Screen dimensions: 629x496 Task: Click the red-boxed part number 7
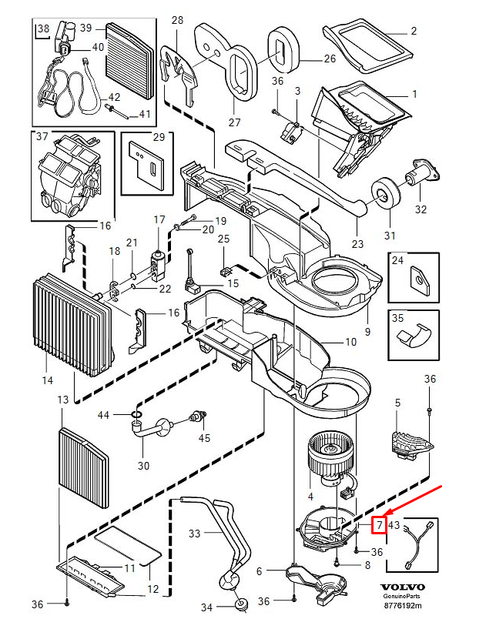click(378, 526)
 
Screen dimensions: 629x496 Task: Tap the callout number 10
click(350, 341)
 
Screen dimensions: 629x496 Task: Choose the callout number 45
click(203, 439)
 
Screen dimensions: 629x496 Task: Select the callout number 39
click(85, 28)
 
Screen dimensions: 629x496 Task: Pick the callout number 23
click(357, 244)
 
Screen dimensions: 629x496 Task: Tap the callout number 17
click(159, 220)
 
